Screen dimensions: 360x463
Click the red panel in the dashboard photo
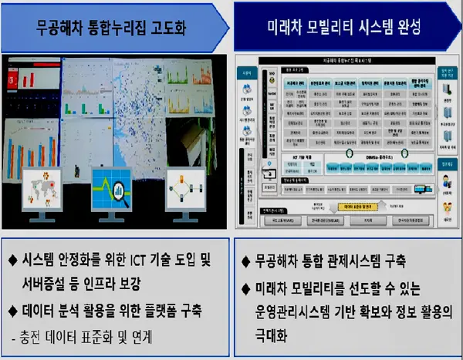[13, 77]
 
